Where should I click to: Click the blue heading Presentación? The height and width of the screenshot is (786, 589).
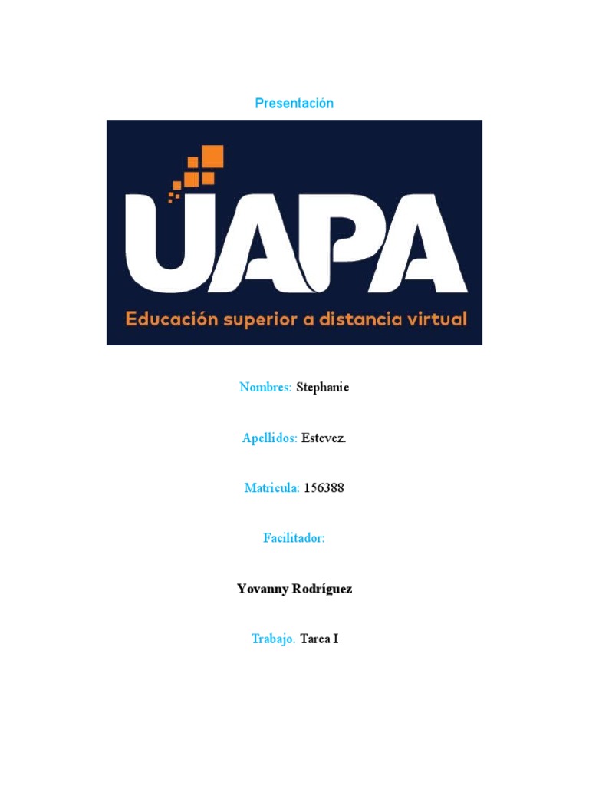pos(294,103)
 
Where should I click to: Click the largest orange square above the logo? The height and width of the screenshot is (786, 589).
pos(212,157)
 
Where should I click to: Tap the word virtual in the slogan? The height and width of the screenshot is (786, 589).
pos(438,319)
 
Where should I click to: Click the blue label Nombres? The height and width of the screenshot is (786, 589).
pos(265,387)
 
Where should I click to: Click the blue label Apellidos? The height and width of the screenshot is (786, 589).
pos(269,438)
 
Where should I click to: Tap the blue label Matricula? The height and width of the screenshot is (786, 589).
pos(271,488)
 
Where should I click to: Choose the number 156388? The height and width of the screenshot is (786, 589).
pos(324,488)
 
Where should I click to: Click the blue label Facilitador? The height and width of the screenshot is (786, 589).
pos(294,539)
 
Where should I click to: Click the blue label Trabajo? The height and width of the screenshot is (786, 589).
pos(273,639)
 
